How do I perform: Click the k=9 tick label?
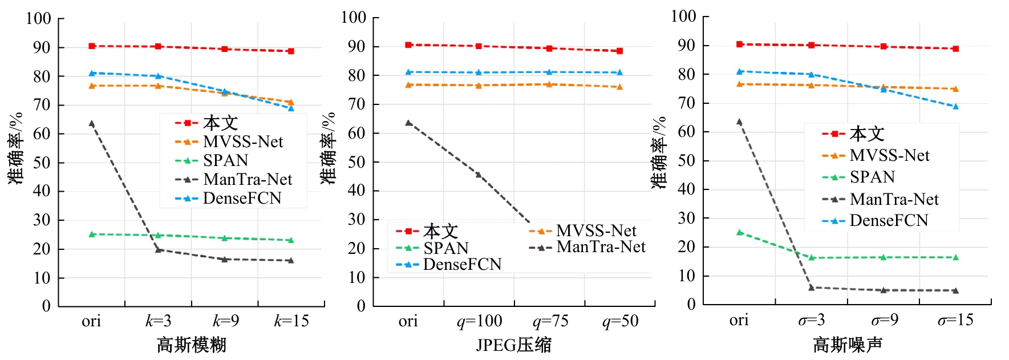[x=226, y=321]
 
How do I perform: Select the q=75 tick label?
[x=550, y=321]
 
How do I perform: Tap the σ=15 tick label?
[x=955, y=320]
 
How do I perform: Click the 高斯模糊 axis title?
[x=192, y=345]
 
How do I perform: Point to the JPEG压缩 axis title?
[x=513, y=345]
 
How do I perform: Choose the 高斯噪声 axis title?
[x=847, y=345]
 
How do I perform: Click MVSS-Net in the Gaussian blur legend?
[x=243, y=141]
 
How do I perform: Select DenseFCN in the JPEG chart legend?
[x=462, y=264]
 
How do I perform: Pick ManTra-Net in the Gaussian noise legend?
[x=894, y=199]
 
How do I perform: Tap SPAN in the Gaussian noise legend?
[x=872, y=177]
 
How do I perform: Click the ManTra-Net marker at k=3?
[x=159, y=249]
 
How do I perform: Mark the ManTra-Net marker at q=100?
[x=479, y=175]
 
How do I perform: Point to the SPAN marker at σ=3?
[x=811, y=257]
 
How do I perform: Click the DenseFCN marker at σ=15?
[x=955, y=106]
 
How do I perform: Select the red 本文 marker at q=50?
[x=619, y=51]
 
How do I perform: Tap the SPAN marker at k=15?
[x=291, y=240]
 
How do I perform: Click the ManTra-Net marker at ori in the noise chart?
[x=739, y=122]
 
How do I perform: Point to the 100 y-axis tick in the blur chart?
[x=38, y=19]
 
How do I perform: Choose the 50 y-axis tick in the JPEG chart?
[x=356, y=162]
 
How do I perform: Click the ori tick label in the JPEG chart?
[x=408, y=321]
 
